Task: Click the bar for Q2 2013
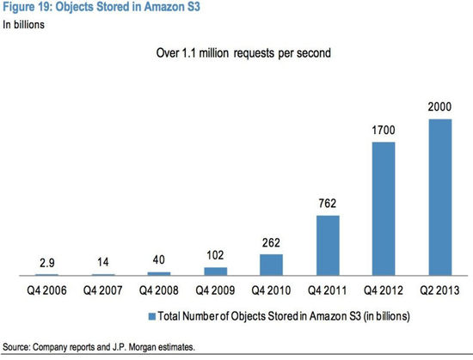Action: [x=439, y=197]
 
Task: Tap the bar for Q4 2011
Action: [x=327, y=245]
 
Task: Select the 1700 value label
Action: [x=383, y=131]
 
